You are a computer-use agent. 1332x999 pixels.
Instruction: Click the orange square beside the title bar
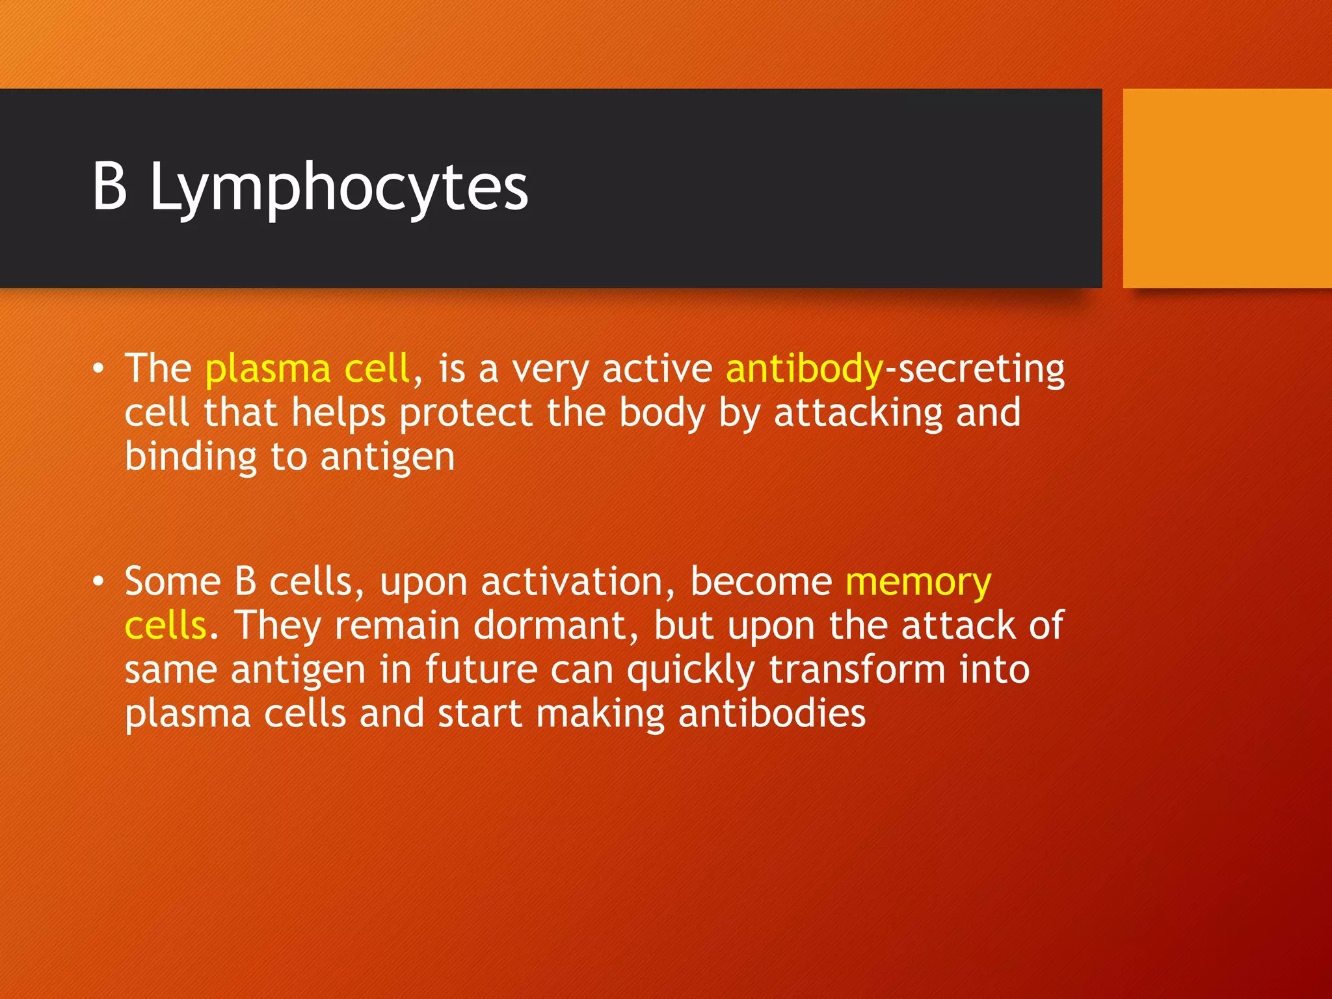click(x=1227, y=188)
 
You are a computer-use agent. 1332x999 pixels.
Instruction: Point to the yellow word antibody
click(x=805, y=369)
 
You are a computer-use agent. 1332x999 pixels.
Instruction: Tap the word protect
click(x=466, y=414)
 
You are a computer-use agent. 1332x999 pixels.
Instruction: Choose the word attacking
click(x=859, y=414)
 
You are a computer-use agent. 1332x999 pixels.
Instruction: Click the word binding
click(x=191, y=457)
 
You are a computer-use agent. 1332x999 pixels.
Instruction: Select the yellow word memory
click(x=918, y=583)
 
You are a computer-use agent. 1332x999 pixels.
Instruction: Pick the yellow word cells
click(x=165, y=626)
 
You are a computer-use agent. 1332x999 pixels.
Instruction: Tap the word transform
click(x=857, y=669)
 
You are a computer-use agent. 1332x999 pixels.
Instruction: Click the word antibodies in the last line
click(x=772, y=713)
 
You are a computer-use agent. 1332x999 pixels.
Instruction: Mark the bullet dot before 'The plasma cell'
click(x=98, y=369)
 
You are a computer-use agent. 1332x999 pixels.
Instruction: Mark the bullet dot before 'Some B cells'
click(x=98, y=581)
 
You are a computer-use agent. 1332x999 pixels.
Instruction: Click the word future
click(x=481, y=669)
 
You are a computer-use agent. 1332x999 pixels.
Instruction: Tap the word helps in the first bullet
click(x=338, y=414)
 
